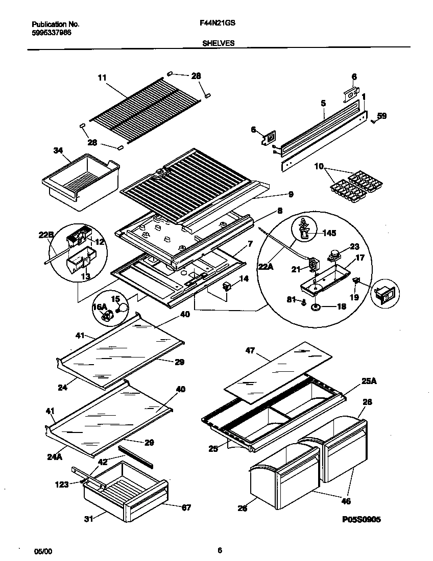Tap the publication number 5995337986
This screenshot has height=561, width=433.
click(x=52, y=32)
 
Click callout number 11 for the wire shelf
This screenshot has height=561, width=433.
click(x=102, y=78)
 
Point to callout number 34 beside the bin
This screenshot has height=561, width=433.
click(x=58, y=150)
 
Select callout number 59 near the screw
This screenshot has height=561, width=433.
click(x=382, y=116)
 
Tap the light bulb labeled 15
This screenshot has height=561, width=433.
click(x=122, y=309)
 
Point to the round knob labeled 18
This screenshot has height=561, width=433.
click(x=316, y=307)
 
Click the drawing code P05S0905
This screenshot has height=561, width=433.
click(x=361, y=519)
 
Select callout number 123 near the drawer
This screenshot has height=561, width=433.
click(x=62, y=484)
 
